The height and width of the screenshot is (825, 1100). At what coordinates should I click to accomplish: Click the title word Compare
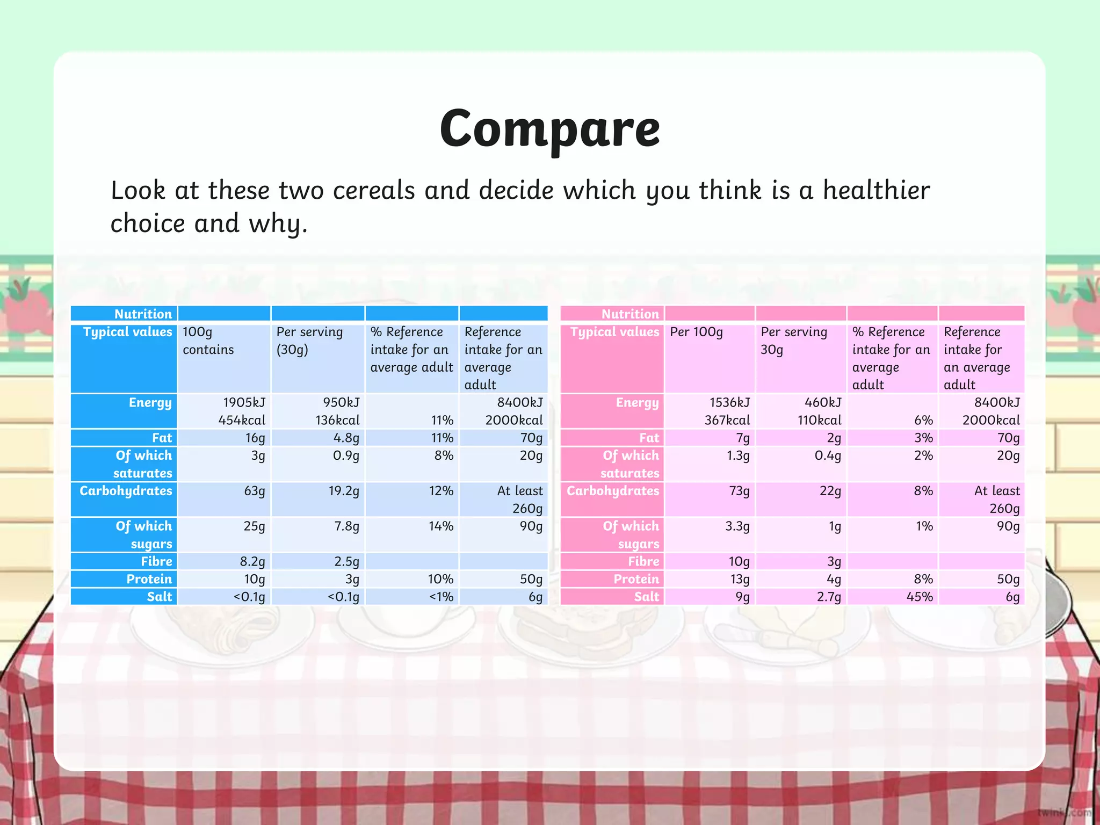pos(549,129)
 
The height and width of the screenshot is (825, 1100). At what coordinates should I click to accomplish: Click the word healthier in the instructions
pos(876,191)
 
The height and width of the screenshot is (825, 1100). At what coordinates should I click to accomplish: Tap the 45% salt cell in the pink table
pos(919,597)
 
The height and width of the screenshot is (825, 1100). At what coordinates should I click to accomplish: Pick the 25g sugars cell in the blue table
pos(254,526)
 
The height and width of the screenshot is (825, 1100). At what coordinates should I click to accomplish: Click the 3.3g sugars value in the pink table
pos(737,526)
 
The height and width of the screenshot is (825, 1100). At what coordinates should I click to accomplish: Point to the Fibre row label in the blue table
pos(156,561)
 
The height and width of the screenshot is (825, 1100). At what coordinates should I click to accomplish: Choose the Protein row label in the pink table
pos(636,579)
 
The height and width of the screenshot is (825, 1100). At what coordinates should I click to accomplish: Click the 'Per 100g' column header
pos(696,332)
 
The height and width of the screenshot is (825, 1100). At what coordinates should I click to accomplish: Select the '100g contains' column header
pos(208,341)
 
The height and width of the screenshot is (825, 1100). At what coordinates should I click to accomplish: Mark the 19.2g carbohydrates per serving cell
pos(344,491)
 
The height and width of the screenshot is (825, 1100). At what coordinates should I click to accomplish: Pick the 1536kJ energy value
pos(729,403)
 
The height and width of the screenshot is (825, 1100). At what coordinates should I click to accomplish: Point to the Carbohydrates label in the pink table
pos(613,491)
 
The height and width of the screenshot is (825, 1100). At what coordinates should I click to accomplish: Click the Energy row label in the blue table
pos(150,403)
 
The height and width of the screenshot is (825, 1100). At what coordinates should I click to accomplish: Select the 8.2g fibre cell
pos(252,561)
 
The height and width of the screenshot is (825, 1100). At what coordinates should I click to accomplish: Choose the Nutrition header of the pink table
pos(629,314)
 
